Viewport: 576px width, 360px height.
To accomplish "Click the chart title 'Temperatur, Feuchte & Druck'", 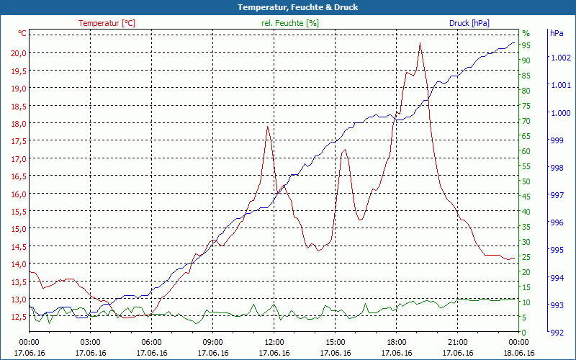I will (x=287, y=7).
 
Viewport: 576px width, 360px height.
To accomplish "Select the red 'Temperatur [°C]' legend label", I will (x=107, y=23).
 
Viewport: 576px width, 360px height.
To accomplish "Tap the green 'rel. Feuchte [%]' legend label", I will (x=290, y=23).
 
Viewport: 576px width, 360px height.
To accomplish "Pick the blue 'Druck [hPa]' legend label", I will (x=469, y=23).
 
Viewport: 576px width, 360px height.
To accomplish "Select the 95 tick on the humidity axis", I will (x=526, y=45).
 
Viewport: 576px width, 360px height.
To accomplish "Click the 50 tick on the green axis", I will (x=526, y=181).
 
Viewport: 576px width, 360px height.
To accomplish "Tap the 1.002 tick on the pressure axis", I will (x=560, y=58).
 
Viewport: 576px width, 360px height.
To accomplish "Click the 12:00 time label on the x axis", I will (x=274, y=342).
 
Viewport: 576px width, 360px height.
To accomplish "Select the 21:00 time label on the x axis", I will (x=457, y=342).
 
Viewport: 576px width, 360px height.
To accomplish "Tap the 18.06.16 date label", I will (x=518, y=353).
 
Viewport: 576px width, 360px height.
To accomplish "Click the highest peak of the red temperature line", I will (x=420, y=44).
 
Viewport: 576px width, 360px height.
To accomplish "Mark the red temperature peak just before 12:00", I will (x=268, y=127).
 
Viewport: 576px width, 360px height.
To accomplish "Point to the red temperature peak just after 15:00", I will (x=345, y=150).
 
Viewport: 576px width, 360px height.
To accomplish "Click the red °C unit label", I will (x=22, y=33).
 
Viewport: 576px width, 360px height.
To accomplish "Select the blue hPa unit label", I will (x=557, y=33).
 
